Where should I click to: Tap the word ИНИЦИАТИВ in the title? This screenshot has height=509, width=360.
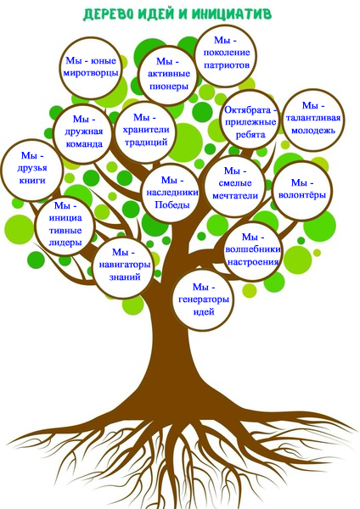coord(231,14)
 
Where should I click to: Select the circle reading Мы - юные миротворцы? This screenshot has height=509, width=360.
coord(90,68)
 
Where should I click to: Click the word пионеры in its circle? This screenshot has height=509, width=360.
coord(169,87)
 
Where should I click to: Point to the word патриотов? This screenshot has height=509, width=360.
coord(227,64)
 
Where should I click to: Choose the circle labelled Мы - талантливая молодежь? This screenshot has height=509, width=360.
coord(313,120)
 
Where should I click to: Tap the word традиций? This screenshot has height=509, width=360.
coord(146,142)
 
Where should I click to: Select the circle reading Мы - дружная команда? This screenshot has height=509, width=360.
coord(84,133)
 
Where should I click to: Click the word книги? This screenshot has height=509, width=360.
coord(32,180)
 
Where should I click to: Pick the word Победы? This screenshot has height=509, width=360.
coord(172,204)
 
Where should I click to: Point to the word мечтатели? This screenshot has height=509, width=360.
coord(235,195)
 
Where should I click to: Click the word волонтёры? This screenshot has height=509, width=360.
coord(302,195)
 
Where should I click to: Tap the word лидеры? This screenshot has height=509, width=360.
coord(65,243)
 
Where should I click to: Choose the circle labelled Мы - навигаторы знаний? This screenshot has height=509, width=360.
coord(123,267)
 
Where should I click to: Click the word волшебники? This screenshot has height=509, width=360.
coord(252,249)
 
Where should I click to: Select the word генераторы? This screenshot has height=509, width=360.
coord(204,299)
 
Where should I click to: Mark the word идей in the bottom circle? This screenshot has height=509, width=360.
coord(204,311)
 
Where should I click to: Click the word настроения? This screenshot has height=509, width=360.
coord(253,261)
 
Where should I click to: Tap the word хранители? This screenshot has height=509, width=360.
coord(146,129)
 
